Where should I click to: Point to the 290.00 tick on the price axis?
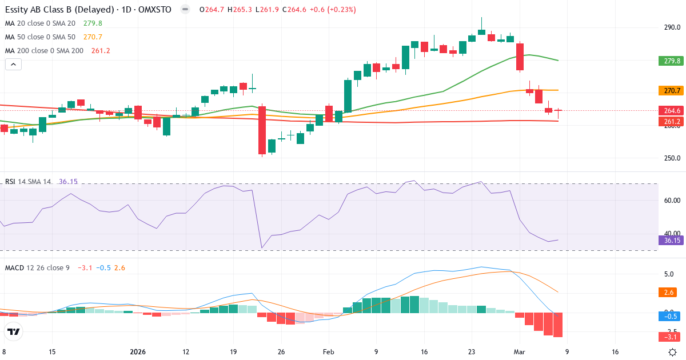(672, 27)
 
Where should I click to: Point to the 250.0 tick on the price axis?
(672, 158)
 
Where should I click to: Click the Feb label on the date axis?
(328, 352)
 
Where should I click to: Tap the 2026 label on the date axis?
(138, 352)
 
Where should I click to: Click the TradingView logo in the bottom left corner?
(14, 331)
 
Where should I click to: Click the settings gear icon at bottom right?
(673, 352)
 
